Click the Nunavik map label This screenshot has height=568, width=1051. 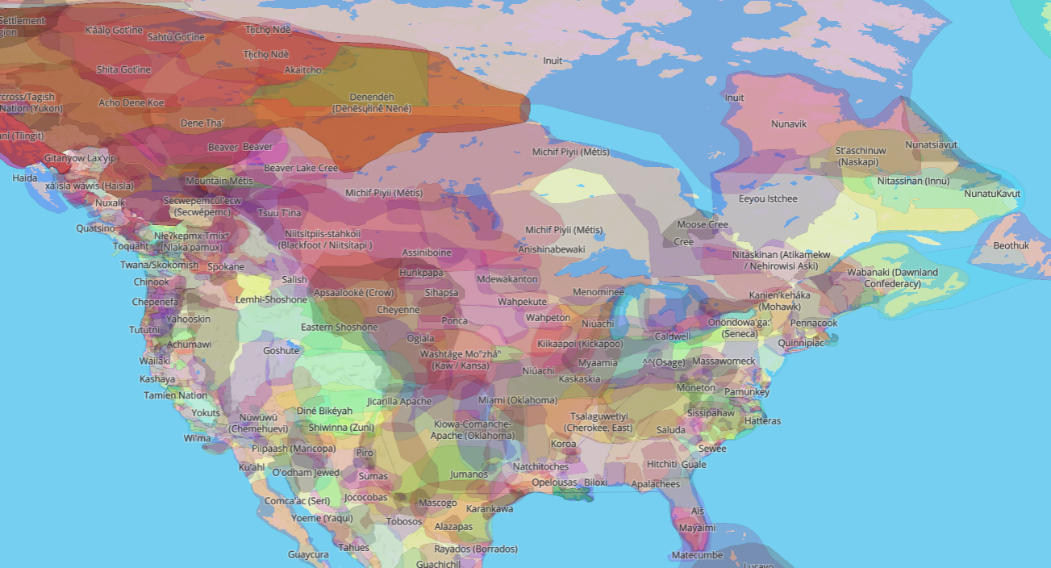click(788, 124)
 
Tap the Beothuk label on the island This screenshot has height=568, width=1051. click(1011, 245)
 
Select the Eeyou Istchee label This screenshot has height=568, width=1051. click(768, 198)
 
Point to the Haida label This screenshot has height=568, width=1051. click(24, 177)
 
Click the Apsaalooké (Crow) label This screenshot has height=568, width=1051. click(354, 292)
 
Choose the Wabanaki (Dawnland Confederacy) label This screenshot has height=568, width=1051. click(903, 278)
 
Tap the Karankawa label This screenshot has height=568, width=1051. click(490, 509)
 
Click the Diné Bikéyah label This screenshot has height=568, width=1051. click(324, 411)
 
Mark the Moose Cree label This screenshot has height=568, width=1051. click(703, 224)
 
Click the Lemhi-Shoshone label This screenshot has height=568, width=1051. click(271, 299)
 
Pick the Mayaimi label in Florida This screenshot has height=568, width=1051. click(696, 528)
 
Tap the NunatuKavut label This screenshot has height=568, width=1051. click(992, 194)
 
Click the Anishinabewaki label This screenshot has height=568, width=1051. click(551, 249)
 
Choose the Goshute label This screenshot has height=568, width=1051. click(281, 350)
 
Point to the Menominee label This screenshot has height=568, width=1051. click(598, 291)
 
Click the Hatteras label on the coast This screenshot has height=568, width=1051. click(762, 421)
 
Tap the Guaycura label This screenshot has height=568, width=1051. click(308, 554)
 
